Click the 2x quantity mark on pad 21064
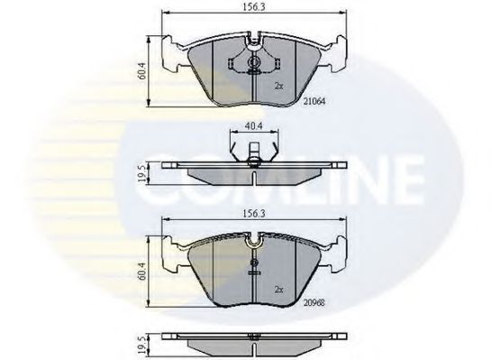279,86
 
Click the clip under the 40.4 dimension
253,162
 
